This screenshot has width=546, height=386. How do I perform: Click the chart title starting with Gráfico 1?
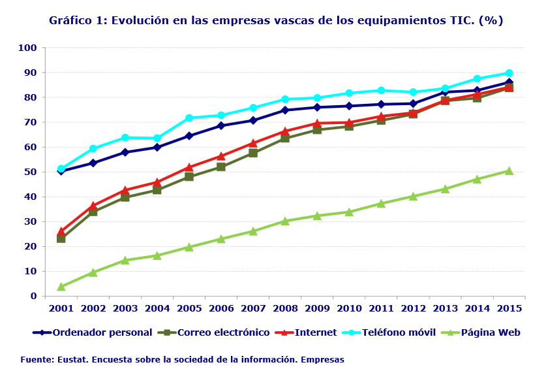coord(276,20)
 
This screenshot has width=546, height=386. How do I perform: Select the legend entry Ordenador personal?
coord(102,332)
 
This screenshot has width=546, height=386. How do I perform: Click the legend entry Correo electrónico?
coord(223,332)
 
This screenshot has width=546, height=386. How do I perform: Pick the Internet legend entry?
coord(316,332)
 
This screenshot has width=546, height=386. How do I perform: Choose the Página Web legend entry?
coord(491,332)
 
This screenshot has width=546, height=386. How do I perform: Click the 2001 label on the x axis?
coord(61,308)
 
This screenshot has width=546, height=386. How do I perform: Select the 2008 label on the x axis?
coord(285,308)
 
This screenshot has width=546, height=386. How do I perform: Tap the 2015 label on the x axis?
coord(509,308)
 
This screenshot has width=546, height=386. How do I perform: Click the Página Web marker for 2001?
coord(61,287)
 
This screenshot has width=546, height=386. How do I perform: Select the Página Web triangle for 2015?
coord(509,171)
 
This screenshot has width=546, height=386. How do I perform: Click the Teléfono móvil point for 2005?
coord(189,118)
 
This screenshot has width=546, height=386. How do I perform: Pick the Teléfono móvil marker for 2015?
coord(509,73)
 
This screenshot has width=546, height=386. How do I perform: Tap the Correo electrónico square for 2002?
coord(93,212)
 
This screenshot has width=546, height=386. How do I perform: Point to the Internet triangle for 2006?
coord(221,156)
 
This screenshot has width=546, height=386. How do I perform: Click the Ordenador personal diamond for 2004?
coord(157,148)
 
